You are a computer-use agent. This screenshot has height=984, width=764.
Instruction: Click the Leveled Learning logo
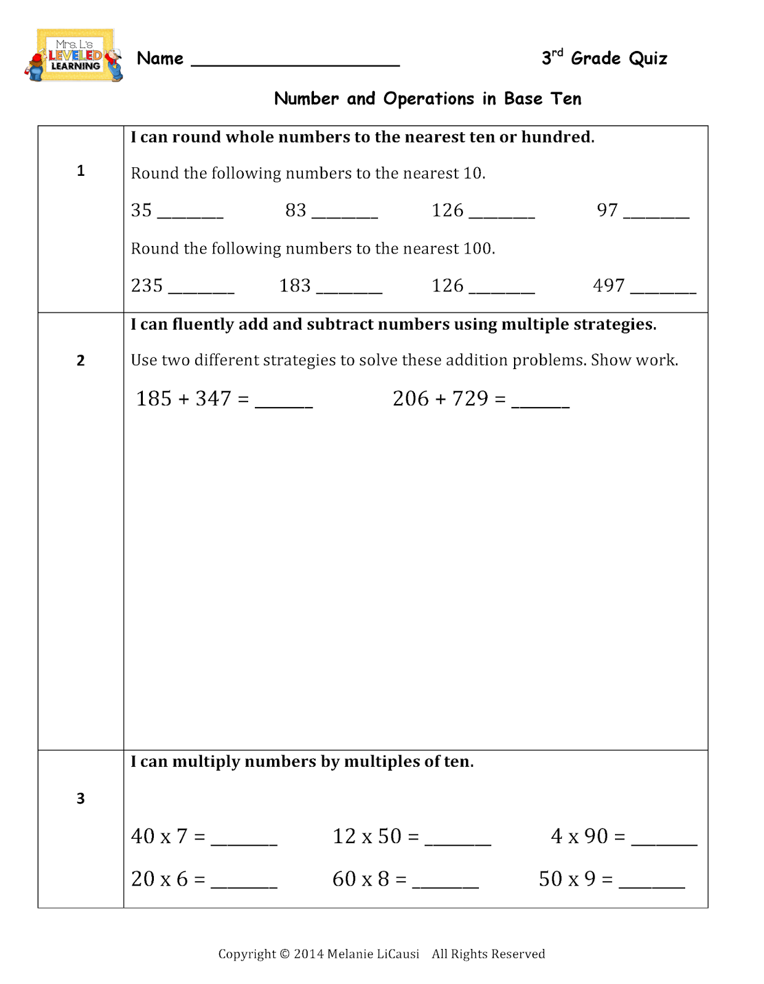coord(74,56)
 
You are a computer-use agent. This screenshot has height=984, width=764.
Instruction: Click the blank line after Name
coord(296,61)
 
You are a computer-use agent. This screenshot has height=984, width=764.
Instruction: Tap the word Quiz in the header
coord(648,58)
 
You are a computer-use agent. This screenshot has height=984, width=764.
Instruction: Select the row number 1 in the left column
coord(81,171)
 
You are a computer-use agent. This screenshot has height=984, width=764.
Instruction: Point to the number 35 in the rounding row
coord(142,210)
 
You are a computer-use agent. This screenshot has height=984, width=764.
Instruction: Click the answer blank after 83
coord(345,215)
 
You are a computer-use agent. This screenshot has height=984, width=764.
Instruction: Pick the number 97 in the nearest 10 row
coord(607,210)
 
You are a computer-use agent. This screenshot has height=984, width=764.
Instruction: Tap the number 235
coord(147,285)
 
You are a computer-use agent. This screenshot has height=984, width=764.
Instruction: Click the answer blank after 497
coord(663,290)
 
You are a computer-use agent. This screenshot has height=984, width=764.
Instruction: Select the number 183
coord(295,285)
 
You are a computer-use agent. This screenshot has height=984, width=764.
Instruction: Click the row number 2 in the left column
coord(81,360)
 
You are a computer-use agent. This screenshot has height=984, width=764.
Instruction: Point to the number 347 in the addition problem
coord(213,399)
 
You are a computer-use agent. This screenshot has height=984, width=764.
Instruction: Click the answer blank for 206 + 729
coord(541,404)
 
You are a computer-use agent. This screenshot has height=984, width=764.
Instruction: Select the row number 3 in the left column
coord(81,798)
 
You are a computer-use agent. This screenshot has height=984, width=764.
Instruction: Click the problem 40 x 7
coord(159,836)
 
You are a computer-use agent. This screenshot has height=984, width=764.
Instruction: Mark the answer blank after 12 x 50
coord(457,842)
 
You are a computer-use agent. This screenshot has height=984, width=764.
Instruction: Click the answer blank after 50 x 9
coord(651,884)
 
